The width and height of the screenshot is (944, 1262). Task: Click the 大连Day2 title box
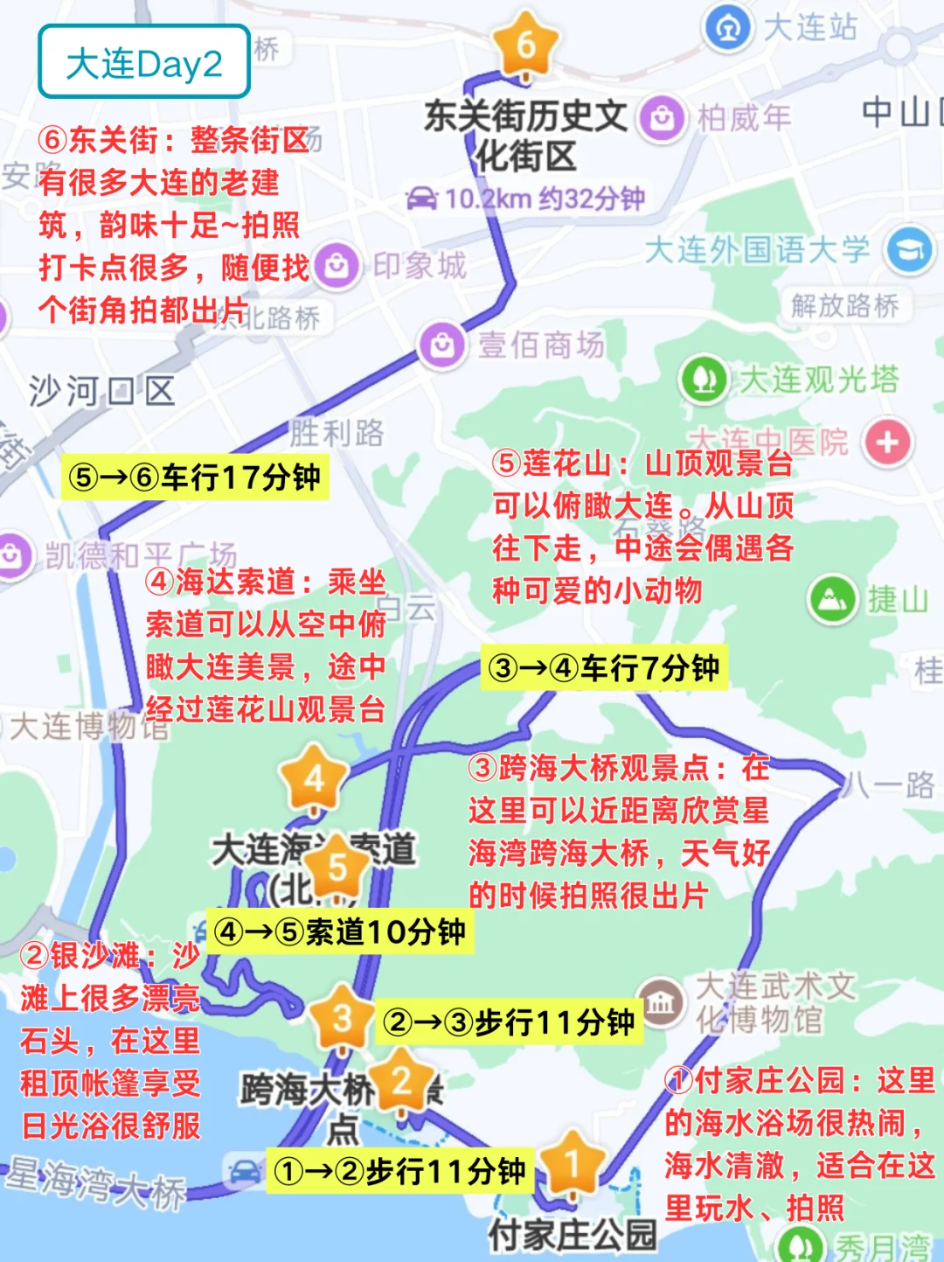click(x=144, y=62)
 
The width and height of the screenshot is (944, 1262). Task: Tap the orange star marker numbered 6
click(x=525, y=44)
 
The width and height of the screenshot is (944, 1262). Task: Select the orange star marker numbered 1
click(x=572, y=1164)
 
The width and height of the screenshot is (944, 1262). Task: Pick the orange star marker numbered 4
click(x=314, y=777)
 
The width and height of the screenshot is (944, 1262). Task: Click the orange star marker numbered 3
click(x=342, y=1018)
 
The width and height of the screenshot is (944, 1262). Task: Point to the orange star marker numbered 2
click(x=401, y=1081)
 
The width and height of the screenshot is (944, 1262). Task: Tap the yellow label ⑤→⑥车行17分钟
click(x=194, y=478)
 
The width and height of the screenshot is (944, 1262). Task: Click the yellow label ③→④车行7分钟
click(x=604, y=668)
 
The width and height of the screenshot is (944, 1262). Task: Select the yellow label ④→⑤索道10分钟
click(x=339, y=931)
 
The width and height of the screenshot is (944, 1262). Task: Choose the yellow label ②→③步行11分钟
click(x=510, y=1021)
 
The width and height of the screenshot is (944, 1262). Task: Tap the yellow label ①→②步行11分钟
click(x=399, y=1171)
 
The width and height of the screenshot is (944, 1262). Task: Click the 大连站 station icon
click(x=727, y=27)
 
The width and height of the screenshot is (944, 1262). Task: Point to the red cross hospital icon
click(x=887, y=442)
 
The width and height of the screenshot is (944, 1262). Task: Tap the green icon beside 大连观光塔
click(x=704, y=380)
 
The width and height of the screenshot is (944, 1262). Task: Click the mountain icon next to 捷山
click(x=832, y=599)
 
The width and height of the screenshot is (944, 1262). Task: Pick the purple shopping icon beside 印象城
click(x=337, y=266)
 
